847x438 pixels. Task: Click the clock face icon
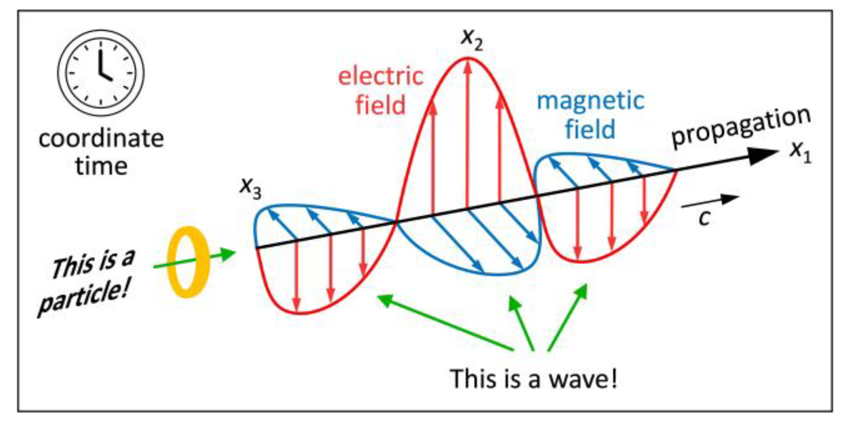tap(101, 72)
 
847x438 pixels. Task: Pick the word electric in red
tap(380, 77)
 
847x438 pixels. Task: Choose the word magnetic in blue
tap(590, 101)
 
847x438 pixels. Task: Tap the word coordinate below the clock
tap(101, 139)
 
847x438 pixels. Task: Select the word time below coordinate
tap(101, 166)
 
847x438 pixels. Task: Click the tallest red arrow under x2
tap(468, 133)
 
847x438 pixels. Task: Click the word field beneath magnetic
tap(590, 129)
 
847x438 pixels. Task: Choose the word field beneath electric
tap(380, 105)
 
